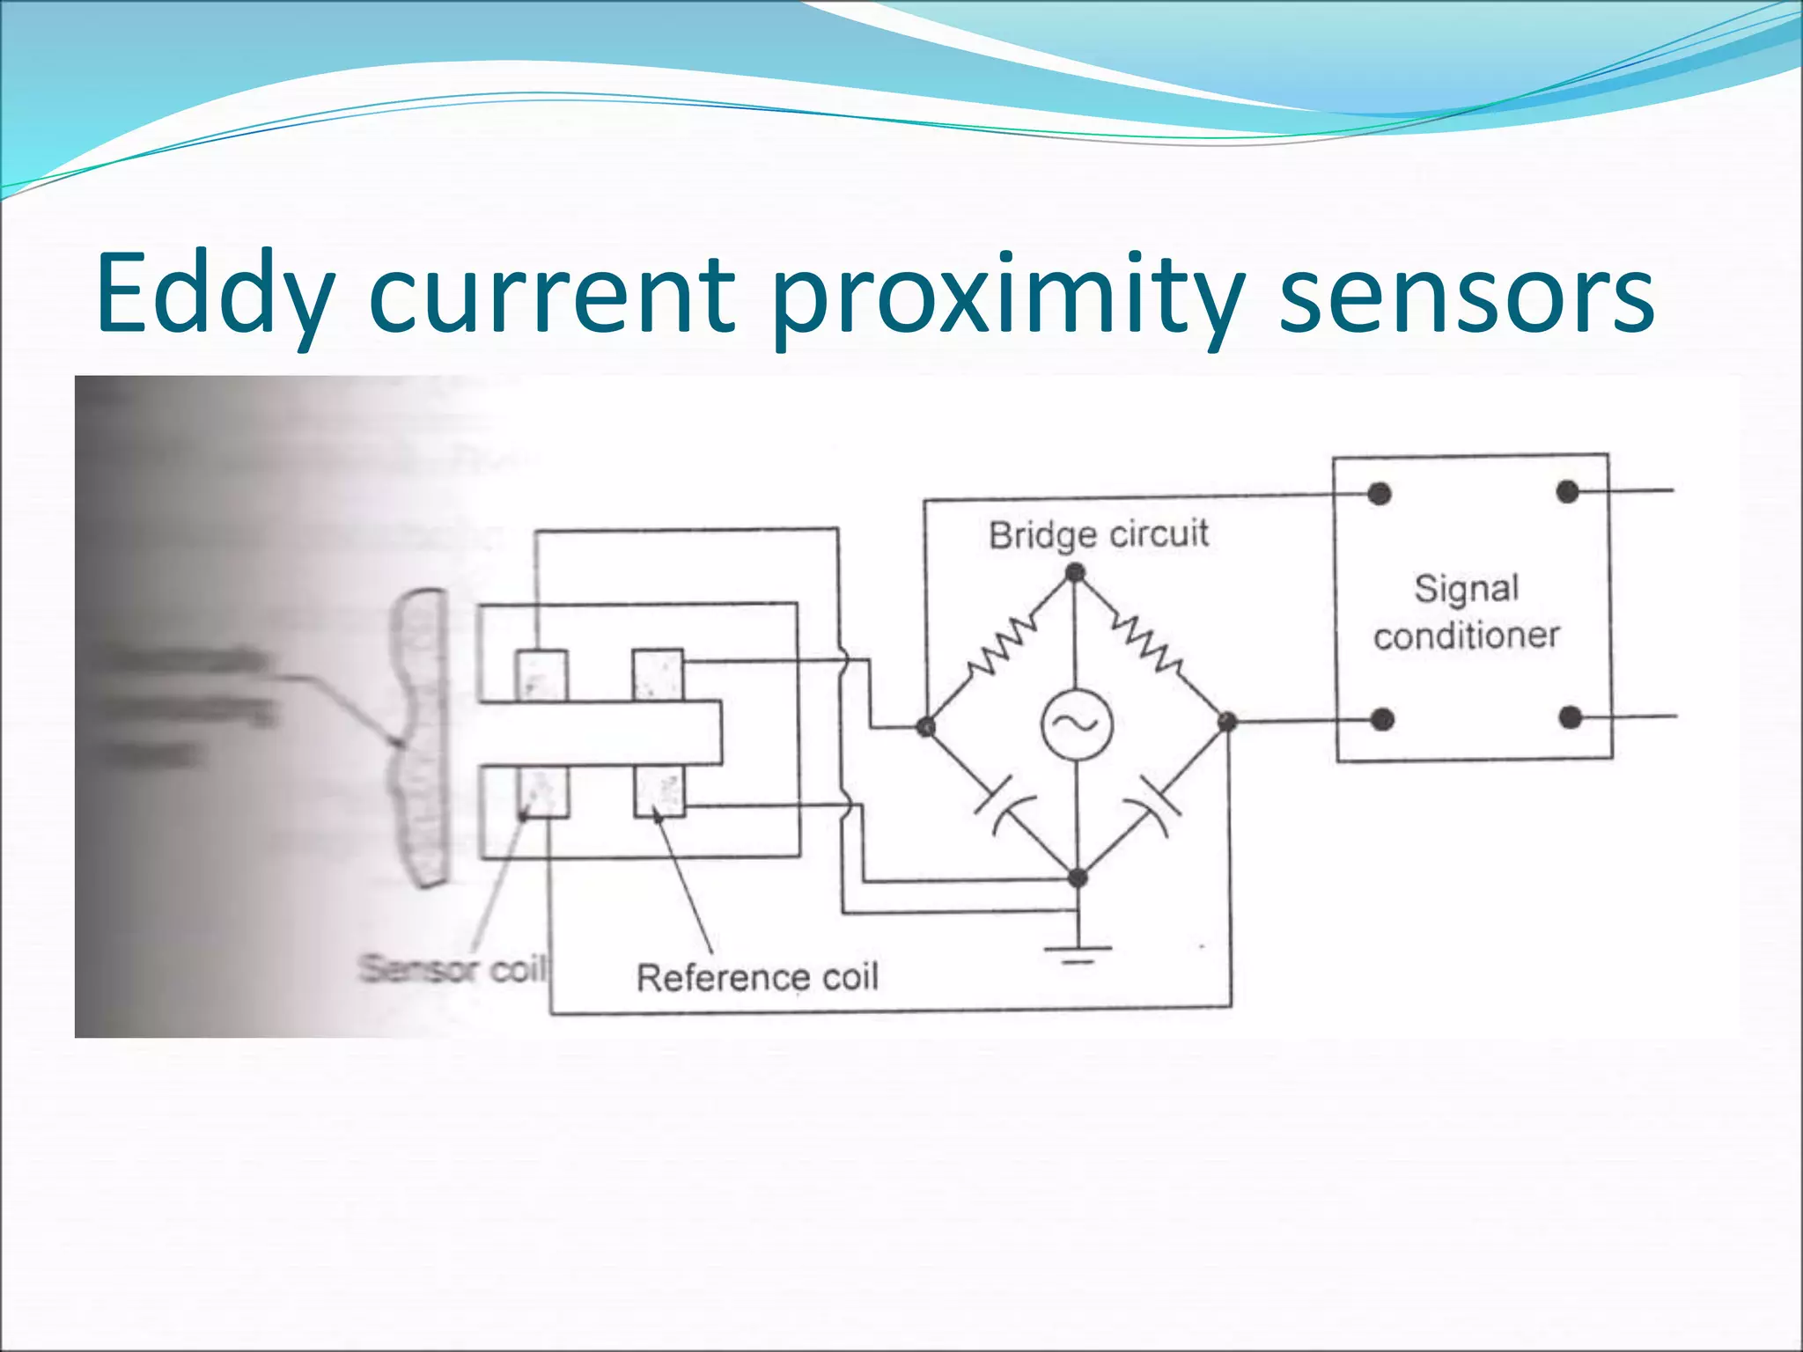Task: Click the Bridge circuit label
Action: pyautogui.click(x=1098, y=534)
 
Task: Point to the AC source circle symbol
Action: pyautogui.click(x=1077, y=724)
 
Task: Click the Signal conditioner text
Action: pyautogui.click(x=1467, y=612)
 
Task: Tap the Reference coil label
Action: pyautogui.click(x=757, y=977)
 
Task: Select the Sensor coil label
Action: pyautogui.click(x=452, y=969)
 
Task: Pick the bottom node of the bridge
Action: pyautogui.click(x=1078, y=878)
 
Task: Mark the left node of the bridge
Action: pyautogui.click(x=926, y=726)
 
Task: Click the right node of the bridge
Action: pyautogui.click(x=1226, y=723)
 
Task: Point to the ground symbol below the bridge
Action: pyautogui.click(x=1078, y=953)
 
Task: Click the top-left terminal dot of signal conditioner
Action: pyautogui.click(x=1380, y=494)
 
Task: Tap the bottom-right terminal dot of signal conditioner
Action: pyautogui.click(x=1570, y=718)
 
